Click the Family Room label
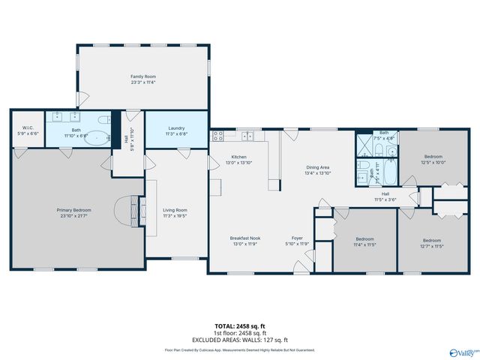(142, 76)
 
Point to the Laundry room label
(176, 127)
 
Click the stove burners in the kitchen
(218, 136)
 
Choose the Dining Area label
(317, 167)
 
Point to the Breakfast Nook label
(244, 238)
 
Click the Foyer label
(297, 238)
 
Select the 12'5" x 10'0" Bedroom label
(412, 157)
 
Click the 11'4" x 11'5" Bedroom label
(364, 239)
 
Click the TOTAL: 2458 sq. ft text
(240, 325)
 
